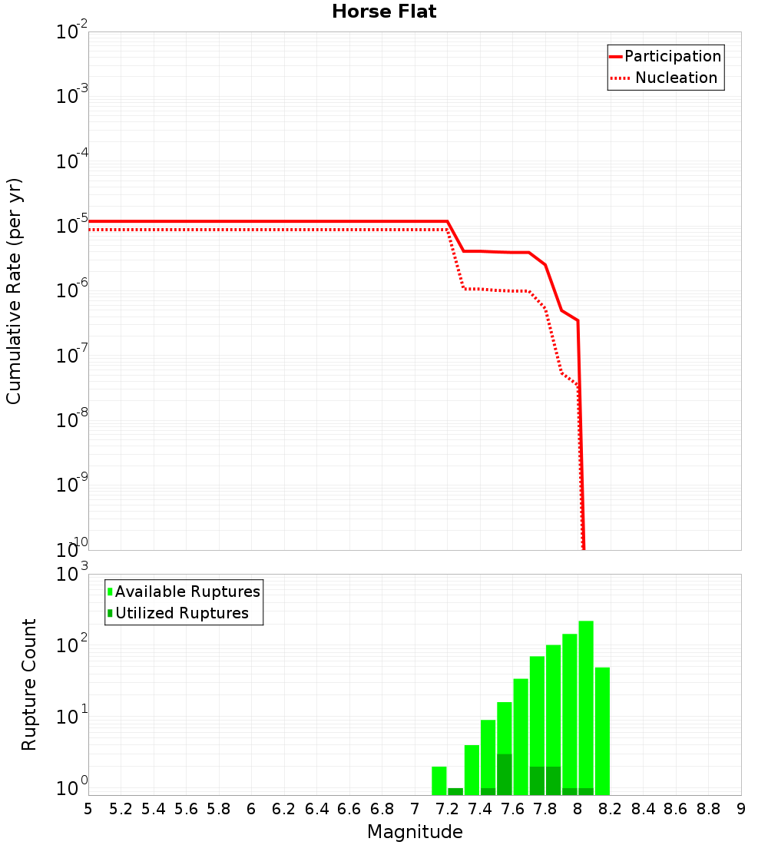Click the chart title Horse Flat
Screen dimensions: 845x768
pyautogui.click(x=384, y=12)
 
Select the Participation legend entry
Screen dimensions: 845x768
pyautogui.click(x=665, y=56)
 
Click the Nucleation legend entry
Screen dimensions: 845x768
pyautogui.click(x=665, y=78)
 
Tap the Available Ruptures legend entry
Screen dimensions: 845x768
pyautogui.click(x=184, y=591)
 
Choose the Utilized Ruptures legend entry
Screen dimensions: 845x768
pyautogui.click(x=177, y=613)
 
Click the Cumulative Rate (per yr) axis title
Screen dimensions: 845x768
pyautogui.click(x=14, y=290)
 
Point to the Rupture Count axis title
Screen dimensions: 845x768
pyautogui.click(x=29, y=684)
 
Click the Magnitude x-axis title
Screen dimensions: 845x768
pyautogui.click(x=415, y=832)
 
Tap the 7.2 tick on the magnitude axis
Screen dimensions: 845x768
pyautogui.click(x=447, y=809)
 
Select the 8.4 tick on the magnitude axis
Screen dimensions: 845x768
pyautogui.click(x=643, y=809)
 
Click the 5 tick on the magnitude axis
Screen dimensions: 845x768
pyautogui.click(x=88, y=809)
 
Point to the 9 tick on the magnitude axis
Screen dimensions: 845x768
pyautogui.click(x=741, y=809)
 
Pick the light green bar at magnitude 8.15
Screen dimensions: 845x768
pyautogui.click(x=602, y=730)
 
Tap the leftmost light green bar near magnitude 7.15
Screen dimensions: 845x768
pyautogui.click(x=439, y=780)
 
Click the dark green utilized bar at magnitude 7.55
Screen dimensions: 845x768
pyautogui.click(x=505, y=774)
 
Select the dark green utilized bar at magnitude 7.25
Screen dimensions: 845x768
pyautogui.click(x=455, y=791)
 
